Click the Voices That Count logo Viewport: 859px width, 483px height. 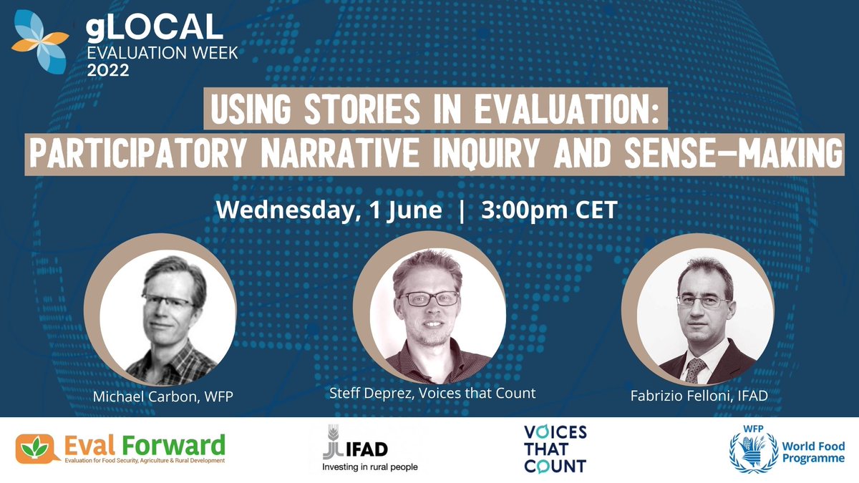tap(554, 449)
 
